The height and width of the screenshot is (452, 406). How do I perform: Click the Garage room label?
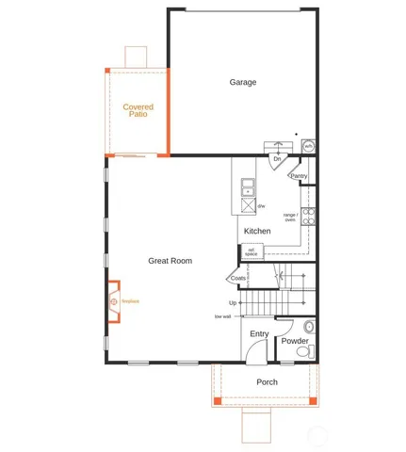(243, 83)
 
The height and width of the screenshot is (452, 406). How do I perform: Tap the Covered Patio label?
(138, 110)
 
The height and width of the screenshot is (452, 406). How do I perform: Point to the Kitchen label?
(257, 232)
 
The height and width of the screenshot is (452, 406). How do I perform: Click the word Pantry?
(299, 176)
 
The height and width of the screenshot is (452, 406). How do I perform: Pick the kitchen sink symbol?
(248, 185)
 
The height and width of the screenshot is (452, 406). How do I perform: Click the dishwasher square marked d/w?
(248, 204)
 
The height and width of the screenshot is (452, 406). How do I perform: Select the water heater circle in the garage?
(308, 147)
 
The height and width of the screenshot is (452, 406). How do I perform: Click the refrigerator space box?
(252, 251)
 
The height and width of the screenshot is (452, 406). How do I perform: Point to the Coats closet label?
(237, 278)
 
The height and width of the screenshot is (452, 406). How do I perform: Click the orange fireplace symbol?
(113, 301)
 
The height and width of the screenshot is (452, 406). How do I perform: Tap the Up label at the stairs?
(233, 302)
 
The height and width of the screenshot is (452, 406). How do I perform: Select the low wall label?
(222, 315)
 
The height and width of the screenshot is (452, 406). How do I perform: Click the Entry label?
(259, 333)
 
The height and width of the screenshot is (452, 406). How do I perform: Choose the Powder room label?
(295, 340)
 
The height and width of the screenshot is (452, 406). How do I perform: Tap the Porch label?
(267, 381)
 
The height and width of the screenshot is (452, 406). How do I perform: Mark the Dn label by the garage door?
(277, 159)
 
